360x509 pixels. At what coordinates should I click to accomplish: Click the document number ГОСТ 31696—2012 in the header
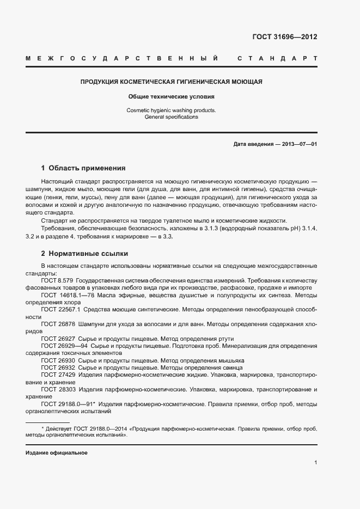pos(285,37)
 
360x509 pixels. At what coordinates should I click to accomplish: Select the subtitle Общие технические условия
pos(172,96)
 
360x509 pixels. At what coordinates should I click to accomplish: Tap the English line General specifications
pos(172,116)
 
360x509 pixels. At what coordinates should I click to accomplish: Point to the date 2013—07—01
pos(298,144)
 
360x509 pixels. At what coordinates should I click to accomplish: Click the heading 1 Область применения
pos(83,168)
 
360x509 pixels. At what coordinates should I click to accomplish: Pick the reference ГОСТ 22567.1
pos(60,309)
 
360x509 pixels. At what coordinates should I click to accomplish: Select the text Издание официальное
pos(57,453)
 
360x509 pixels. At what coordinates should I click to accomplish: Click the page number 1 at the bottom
pos(315,462)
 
